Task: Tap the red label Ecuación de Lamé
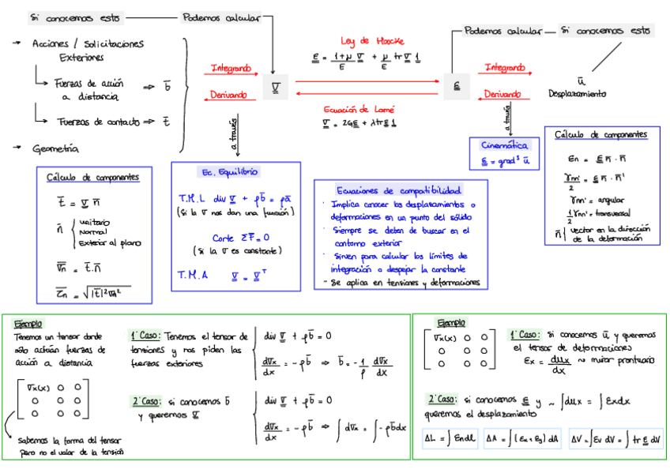[359, 109]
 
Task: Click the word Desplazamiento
[578, 93]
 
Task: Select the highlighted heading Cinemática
[505, 145]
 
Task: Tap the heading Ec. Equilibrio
[229, 171]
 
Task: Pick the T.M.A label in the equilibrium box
[193, 275]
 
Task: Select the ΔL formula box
[449, 438]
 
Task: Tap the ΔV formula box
[615, 438]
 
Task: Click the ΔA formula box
[522, 438]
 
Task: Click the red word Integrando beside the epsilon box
[504, 68]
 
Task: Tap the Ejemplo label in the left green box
[28, 323]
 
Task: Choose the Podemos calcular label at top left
[224, 17]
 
